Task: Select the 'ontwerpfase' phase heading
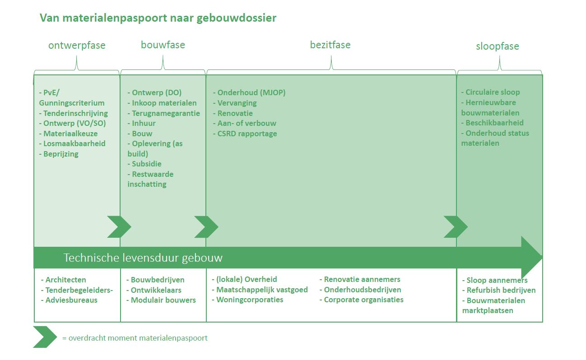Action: [77, 46]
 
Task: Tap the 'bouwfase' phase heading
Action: [163, 45]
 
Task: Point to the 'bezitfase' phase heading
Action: [330, 45]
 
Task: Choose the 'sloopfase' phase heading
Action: [498, 46]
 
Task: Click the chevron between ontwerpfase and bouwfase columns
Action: [119, 227]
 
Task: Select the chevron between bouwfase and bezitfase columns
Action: [206, 227]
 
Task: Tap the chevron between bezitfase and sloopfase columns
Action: [456, 227]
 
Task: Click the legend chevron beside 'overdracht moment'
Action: [45, 337]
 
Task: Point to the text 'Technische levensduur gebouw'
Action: [143, 258]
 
